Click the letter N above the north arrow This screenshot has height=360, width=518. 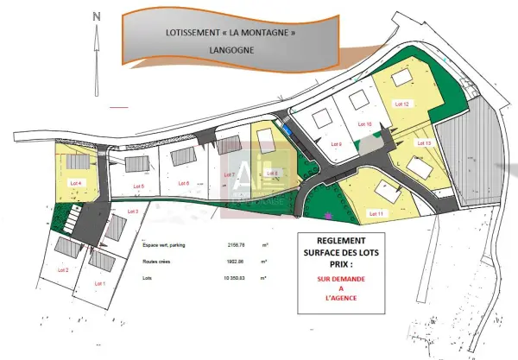tap(98, 16)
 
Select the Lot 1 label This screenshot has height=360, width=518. tap(98, 283)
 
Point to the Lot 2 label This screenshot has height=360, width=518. tap(62, 270)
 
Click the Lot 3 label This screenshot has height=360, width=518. tap(132, 212)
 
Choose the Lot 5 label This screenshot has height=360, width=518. tap(137, 186)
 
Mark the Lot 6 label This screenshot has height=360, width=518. tap(182, 183)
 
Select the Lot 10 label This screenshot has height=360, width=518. tap(363, 125)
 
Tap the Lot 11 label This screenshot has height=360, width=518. tap(376, 212)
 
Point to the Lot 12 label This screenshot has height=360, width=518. tap(401, 104)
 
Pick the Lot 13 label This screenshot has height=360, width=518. tap(424, 143)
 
